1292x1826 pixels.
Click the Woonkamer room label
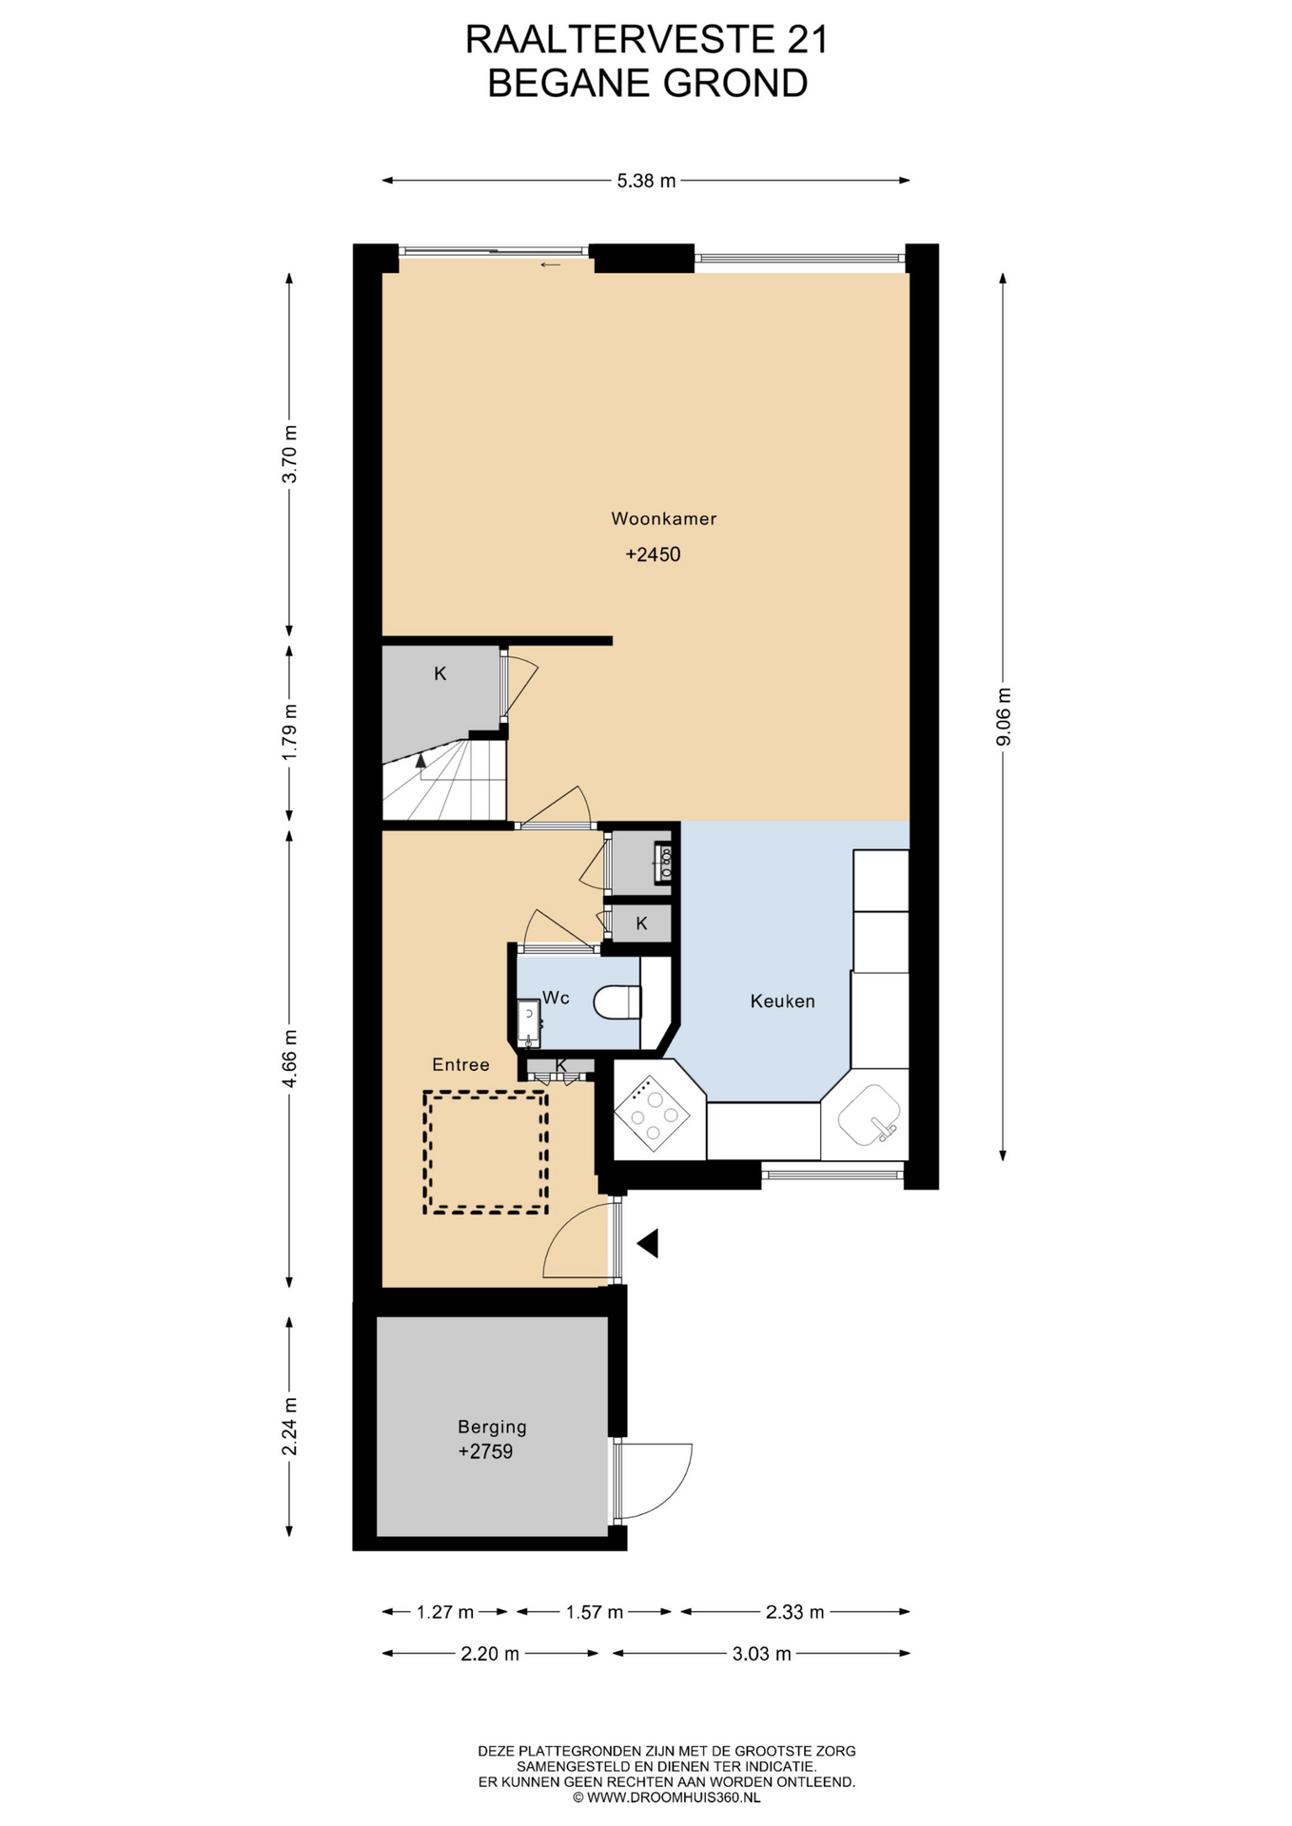click(x=663, y=518)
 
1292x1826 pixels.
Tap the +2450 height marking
click(x=653, y=554)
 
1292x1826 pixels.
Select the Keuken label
click(x=782, y=1000)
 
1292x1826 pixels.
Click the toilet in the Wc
click(x=617, y=1001)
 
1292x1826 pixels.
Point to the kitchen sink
click(x=870, y=1114)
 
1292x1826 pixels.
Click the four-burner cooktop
click(x=652, y=1113)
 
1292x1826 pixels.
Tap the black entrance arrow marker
click(x=648, y=1243)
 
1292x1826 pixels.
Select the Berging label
click(x=492, y=1427)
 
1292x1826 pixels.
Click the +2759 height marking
click(x=485, y=1451)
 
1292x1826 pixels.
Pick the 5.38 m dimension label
click(x=646, y=181)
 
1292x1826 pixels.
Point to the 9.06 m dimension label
click(x=1003, y=716)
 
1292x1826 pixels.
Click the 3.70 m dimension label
click(x=289, y=454)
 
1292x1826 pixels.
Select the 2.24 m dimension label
click(x=289, y=1426)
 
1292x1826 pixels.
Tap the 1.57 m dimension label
click(x=595, y=1612)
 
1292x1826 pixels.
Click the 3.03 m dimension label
click(x=761, y=1654)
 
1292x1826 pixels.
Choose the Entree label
click(x=460, y=1064)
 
